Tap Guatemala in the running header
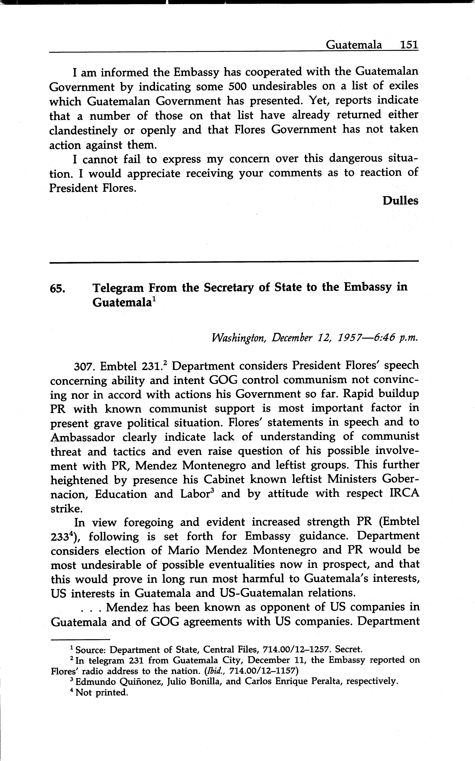[354, 45]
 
